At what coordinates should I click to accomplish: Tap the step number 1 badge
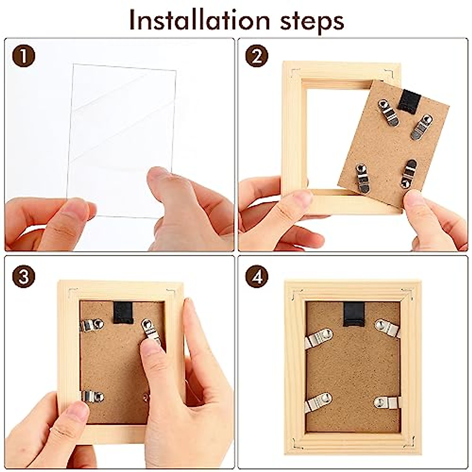[x=24, y=56]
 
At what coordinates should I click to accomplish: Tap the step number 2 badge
[x=257, y=56]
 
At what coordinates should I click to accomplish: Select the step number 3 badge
[x=24, y=277]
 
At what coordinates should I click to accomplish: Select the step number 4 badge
[x=257, y=277]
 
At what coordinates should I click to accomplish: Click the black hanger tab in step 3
[x=122, y=313]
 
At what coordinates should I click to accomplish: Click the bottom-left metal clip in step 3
[x=92, y=396]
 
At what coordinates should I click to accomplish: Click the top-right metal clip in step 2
[x=419, y=126]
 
